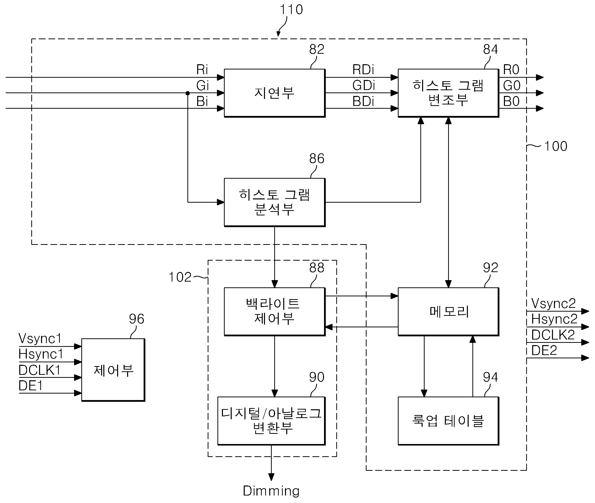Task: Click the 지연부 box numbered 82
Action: point(275,93)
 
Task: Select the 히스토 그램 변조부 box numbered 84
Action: point(448,93)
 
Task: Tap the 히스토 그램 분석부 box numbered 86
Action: point(275,202)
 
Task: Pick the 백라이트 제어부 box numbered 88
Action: point(275,312)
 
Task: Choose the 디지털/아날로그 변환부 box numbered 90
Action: point(271,421)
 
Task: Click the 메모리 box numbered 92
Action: point(448,312)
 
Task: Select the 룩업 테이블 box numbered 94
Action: point(448,421)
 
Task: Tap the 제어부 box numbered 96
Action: point(113,370)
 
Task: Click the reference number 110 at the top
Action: point(291,9)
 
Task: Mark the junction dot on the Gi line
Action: point(188,93)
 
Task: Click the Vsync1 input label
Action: point(40,339)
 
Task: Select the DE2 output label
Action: point(544,350)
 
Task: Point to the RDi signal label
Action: point(363,69)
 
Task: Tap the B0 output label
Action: point(511,101)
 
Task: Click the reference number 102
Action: point(180,277)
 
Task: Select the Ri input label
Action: point(202,69)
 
